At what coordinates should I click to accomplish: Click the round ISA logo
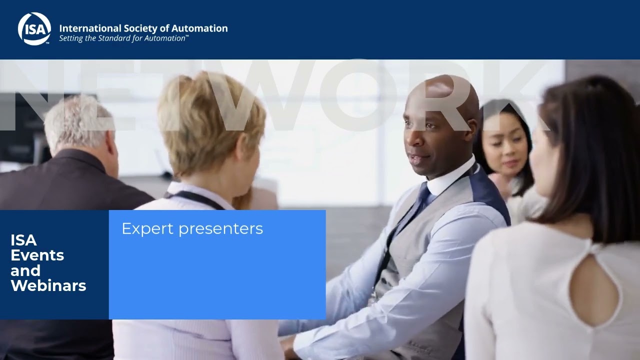pos(34,28)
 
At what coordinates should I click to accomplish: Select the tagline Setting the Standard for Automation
pos(123,38)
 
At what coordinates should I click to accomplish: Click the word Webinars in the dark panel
pos(48,286)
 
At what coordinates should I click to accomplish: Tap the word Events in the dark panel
pos(37,255)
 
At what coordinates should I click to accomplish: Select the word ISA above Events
pos(23,240)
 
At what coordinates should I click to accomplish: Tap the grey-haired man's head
pos(77,122)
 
